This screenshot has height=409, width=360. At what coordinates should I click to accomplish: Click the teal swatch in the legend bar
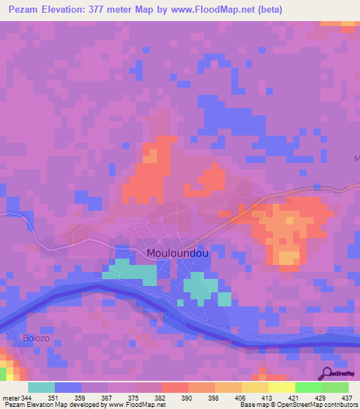click(x=41, y=387)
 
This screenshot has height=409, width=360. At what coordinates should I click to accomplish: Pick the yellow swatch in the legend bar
click(x=281, y=387)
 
